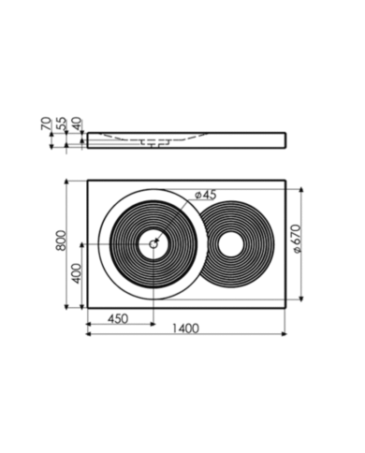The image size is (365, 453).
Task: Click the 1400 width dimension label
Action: coord(187,330)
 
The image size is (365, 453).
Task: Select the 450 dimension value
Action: coord(116,318)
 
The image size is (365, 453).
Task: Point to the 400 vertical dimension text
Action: coord(77,273)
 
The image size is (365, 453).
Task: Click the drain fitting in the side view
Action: coord(155,143)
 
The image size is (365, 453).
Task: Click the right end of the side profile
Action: coord(282,139)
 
